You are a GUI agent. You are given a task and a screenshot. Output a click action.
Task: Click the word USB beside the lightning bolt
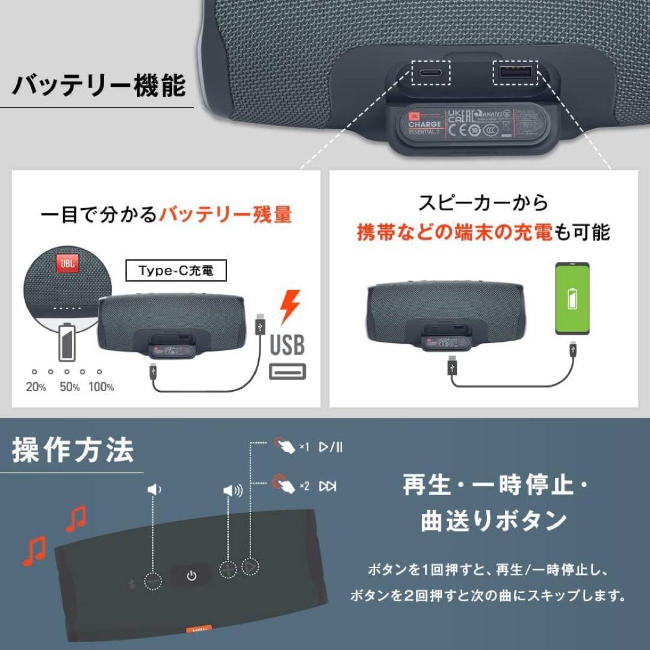coord(287,345)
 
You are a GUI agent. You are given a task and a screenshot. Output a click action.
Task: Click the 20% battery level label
coord(36,387)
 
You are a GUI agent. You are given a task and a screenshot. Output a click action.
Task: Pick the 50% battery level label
coord(69,387)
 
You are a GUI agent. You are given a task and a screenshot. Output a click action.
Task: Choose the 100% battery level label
coord(101,387)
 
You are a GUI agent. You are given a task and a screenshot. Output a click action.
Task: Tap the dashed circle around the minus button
coord(153,581)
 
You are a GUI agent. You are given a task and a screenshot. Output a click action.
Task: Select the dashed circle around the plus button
coord(229,569)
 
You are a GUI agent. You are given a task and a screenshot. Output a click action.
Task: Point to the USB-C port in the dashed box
coord(428,73)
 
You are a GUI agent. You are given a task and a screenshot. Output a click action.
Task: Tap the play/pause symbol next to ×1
coord(330,447)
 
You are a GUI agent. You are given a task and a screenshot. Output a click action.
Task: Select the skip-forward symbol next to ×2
coord(328,486)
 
